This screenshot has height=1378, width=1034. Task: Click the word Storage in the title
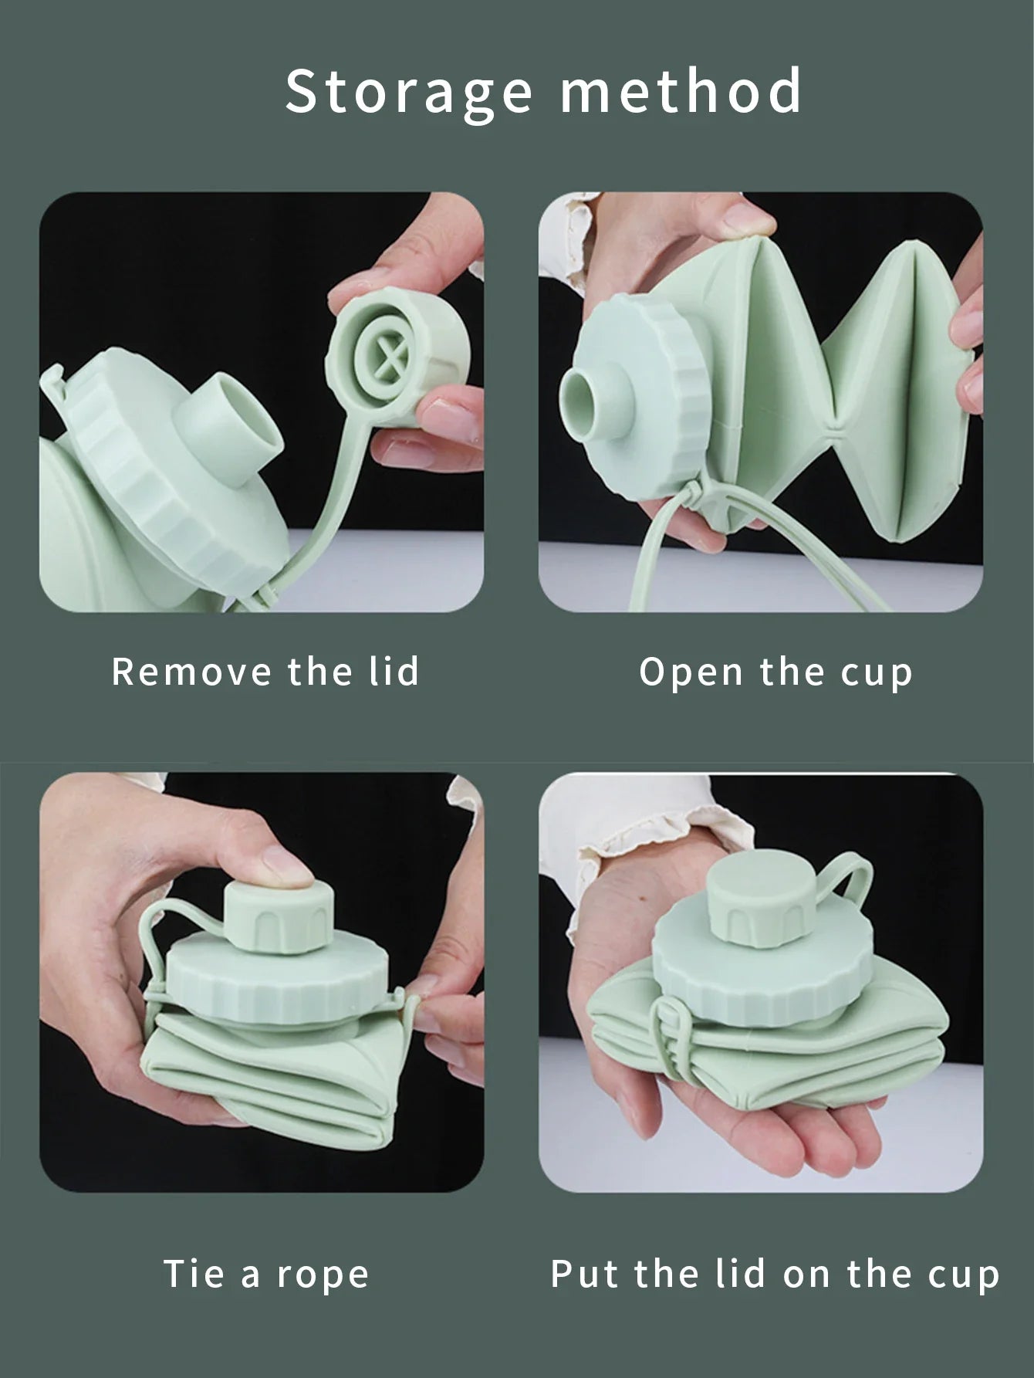click(x=409, y=93)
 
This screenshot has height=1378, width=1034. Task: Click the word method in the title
click(x=681, y=90)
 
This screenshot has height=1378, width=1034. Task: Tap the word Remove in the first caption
click(x=191, y=672)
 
